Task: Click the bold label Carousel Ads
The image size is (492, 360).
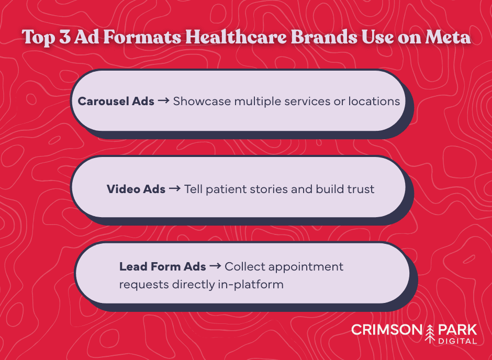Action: (x=116, y=101)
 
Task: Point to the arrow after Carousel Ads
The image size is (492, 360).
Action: (x=163, y=101)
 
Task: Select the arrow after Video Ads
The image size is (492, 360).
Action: (x=175, y=189)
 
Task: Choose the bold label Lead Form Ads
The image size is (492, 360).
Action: (x=163, y=266)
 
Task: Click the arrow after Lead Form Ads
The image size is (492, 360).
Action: (x=215, y=266)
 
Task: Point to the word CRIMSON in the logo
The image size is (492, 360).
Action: (x=388, y=330)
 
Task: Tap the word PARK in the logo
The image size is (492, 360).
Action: (x=458, y=330)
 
